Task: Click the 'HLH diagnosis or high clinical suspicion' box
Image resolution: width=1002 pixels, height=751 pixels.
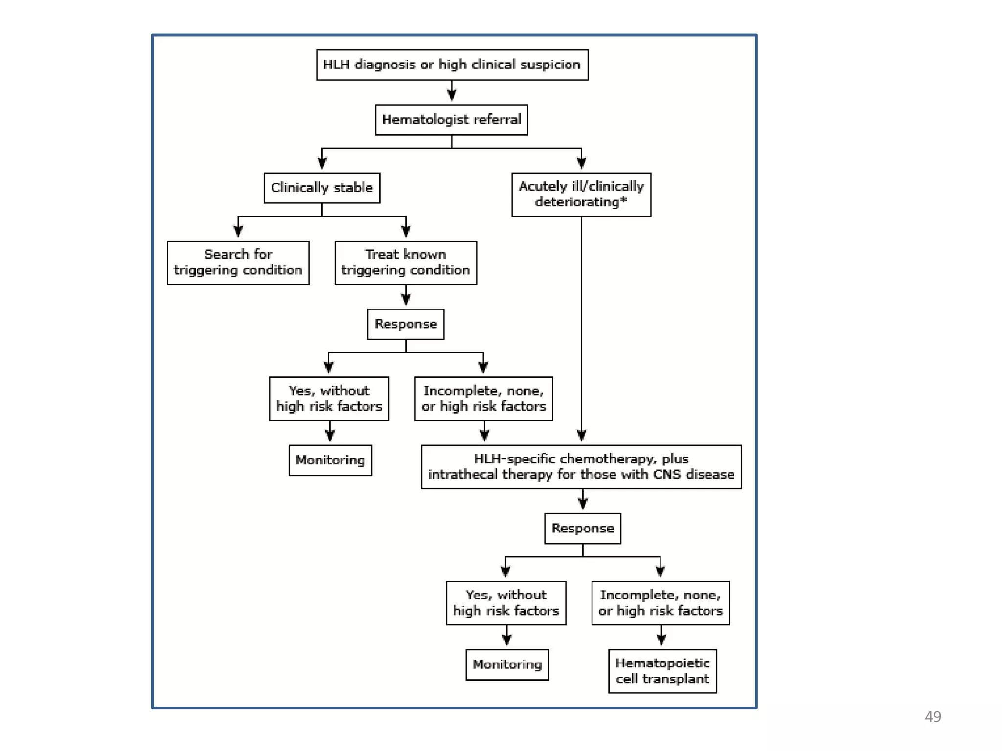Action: click(x=452, y=65)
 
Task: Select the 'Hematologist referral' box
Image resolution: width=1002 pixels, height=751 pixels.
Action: click(x=451, y=120)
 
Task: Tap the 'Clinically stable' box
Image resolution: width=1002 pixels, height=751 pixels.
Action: click(x=321, y=188)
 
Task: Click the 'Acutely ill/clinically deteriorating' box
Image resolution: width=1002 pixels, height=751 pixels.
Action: click(x=581, y=194)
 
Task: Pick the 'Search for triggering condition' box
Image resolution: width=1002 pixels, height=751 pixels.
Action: click(x=238, y=263)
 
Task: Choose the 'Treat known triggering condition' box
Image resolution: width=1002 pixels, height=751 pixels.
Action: click(x=405, y=263)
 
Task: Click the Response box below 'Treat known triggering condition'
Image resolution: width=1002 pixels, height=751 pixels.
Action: click(x=406, y=324)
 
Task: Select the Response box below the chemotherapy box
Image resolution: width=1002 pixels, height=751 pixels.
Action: click(x=582, y=529)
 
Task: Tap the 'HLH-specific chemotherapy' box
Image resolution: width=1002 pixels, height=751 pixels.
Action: click(x=581, y=467)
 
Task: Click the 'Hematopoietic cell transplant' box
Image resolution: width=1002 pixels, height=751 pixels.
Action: click(x=662, y=671)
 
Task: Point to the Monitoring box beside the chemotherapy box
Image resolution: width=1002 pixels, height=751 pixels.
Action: click(x=330, y=460)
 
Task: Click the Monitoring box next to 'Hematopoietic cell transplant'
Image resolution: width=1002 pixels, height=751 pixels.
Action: click(x=507, y=664)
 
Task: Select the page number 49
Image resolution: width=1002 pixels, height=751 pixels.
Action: click(x=933, y=717)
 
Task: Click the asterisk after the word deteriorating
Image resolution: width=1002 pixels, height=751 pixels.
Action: click(x=623, y=200)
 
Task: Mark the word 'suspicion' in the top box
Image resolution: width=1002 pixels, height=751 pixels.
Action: click(x=550, y=65)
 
